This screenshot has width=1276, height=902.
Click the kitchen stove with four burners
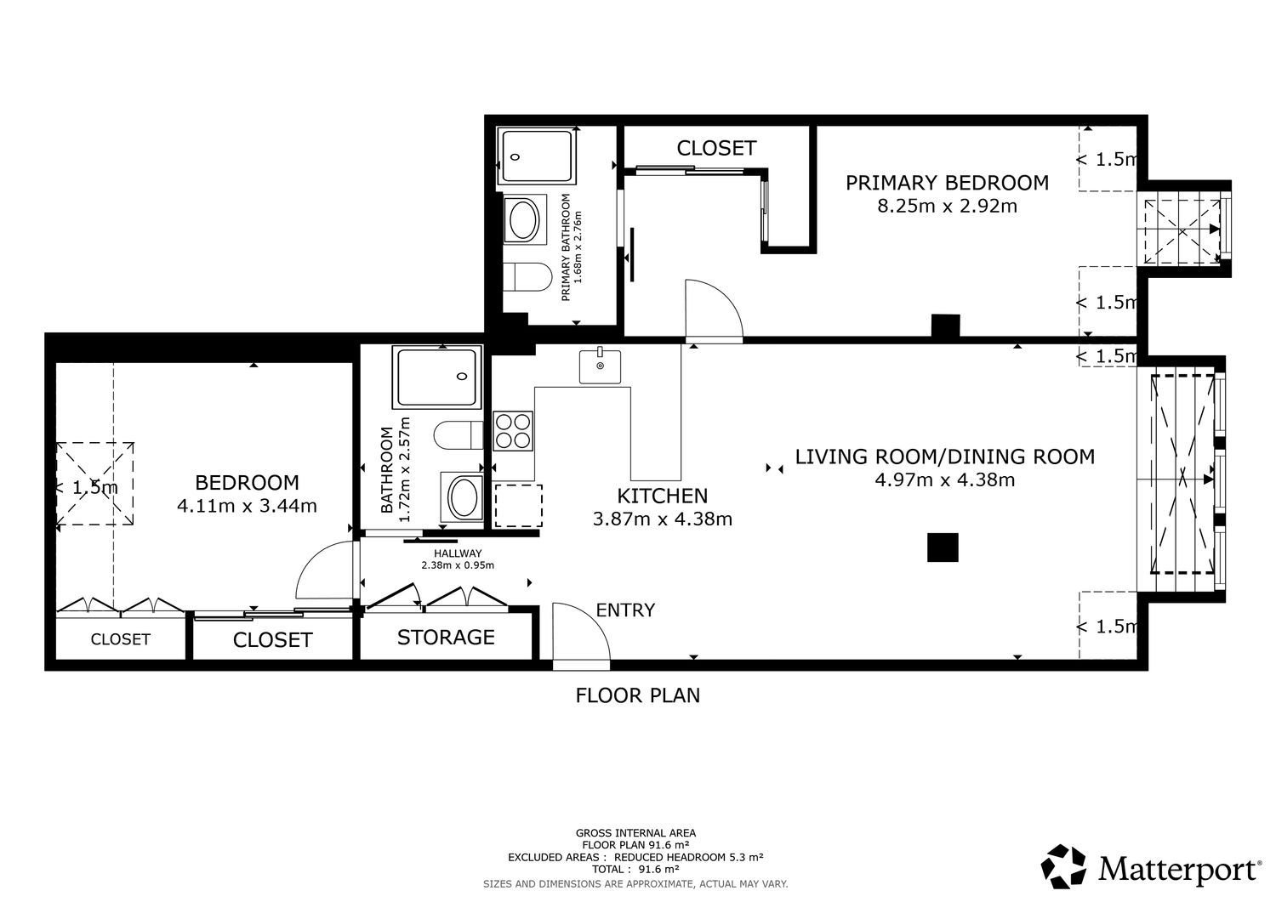coord(513,431)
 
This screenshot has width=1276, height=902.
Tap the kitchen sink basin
coord(600,366)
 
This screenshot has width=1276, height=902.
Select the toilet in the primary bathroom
coord(527,277)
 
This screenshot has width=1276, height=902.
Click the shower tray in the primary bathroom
coord(536,156)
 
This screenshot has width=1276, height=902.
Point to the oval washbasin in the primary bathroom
coord(525,219)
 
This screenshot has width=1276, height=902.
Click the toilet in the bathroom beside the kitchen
coord(458,435)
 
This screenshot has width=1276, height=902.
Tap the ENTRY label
coord(625,610)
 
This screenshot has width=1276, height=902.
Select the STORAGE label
coord(446,638)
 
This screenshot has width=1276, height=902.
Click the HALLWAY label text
coord(458,553)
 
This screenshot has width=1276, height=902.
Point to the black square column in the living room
coord(943,547)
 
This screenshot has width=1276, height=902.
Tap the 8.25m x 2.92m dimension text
coord(947,206)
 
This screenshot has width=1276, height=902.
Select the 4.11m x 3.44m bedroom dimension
coord(247,506)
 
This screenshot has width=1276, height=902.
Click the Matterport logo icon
coord(1063,866)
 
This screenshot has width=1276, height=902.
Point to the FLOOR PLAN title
coord(637,695)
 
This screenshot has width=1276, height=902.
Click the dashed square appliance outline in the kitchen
coord(518,506)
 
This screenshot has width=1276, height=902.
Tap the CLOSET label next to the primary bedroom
coord(716,148)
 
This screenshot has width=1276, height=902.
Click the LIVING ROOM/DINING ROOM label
coord(944,457)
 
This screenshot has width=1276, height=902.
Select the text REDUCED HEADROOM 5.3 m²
coord(688,857)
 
